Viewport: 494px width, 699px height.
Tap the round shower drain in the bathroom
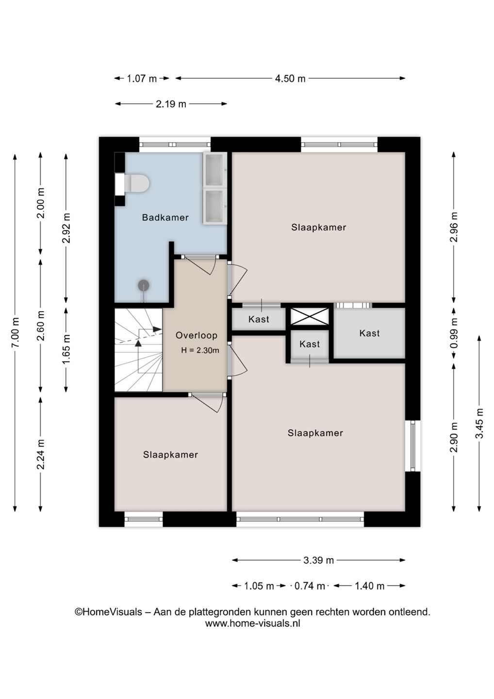[144, 285]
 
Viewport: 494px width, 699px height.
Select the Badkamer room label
[165, 217]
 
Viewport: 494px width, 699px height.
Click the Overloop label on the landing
[197, 335]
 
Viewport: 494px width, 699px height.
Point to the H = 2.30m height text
[200, 350]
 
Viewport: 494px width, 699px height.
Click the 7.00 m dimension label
[15, 333]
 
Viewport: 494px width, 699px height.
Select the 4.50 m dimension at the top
[290, 78]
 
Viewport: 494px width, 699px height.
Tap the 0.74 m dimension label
[310, 586]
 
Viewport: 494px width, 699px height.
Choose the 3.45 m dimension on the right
[479, 423]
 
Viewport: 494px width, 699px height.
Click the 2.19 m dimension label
[171, 103]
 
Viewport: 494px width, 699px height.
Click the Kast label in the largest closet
[370, 333]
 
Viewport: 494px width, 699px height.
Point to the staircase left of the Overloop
[138, 350]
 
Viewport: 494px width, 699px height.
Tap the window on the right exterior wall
[412, 446]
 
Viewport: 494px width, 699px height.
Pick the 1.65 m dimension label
[66, 349]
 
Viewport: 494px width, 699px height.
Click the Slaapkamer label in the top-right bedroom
[319, 227]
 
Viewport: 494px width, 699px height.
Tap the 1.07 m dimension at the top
[142, 78]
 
